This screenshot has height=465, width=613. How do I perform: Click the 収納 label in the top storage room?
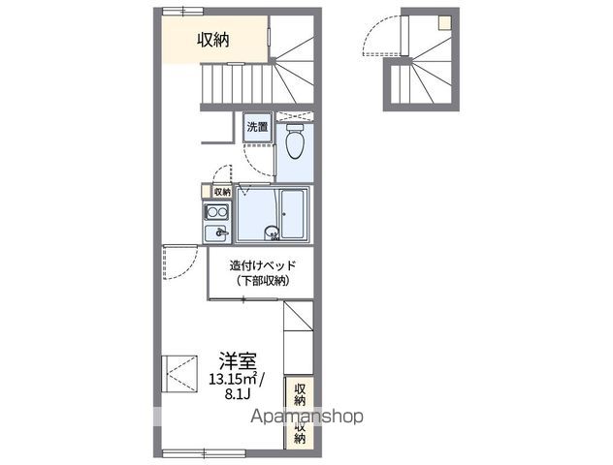(213, 40)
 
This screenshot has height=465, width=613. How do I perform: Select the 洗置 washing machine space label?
(257, 127)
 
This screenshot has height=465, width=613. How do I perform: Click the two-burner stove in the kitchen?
(212, 213)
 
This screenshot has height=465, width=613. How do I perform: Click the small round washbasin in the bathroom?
(274, 232)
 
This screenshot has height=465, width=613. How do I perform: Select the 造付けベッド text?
(256, 265)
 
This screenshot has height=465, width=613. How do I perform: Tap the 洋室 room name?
(236, 358)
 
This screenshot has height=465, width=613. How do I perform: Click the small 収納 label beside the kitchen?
(222, 192)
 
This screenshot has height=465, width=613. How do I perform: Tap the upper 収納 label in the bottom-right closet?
(300, 393)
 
